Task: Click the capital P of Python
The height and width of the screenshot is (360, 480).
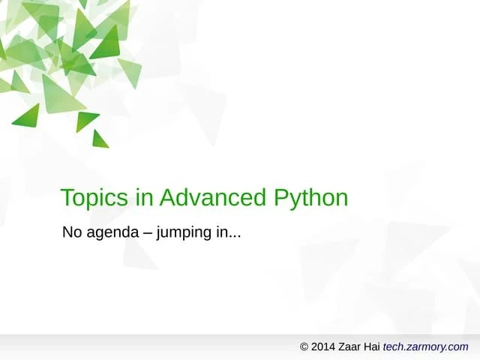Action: [x=282, y=198]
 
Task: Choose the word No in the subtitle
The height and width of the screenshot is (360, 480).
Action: [x=72, y=232]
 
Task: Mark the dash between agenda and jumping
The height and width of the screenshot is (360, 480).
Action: [x=147, y=233]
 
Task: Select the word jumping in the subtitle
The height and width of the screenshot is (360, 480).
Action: [x=182, y=234]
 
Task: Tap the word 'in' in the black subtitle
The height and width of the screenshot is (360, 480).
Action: [x=220, y=232]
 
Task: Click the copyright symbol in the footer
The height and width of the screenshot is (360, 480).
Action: [x=304, y=346]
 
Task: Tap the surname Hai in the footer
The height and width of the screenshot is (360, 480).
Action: [x=374, y=346]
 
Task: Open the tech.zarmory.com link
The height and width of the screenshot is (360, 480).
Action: [x=425, y=346]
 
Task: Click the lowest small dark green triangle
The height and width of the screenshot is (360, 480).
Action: [x=99, y=140]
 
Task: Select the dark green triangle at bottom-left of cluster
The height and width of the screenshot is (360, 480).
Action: [x=28, y=116]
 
